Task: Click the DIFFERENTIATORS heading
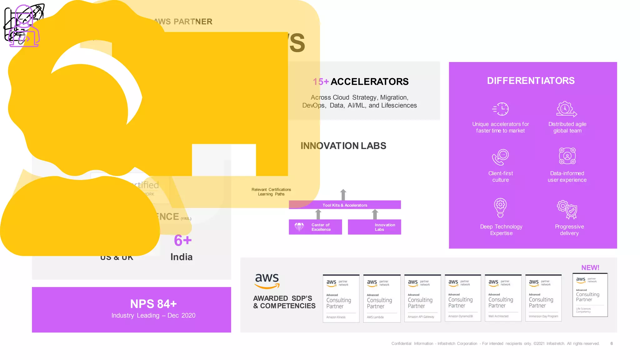coord(531,81)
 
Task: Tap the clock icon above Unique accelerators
coord(501,109)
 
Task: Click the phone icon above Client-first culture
coord(500,157)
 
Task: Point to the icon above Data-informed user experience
coord(567,156)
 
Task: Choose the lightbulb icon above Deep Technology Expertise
coord(500,207)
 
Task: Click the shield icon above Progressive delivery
coord(567,209)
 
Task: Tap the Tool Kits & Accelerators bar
coord(345,205)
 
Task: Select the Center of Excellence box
coord(315,227)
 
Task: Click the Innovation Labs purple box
coord(374,227)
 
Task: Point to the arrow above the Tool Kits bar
coord(343,194)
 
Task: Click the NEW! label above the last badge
coord(590,267)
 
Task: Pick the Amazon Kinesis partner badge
coord(341,298)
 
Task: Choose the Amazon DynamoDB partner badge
coord(462,298)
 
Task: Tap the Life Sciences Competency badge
coord(590,295)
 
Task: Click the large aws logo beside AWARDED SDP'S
coord(267,281)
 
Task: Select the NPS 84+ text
coord(153,304)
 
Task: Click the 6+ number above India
coord(183,241)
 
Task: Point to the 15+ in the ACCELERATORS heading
coord(321,82)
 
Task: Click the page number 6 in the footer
coord(612,343)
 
